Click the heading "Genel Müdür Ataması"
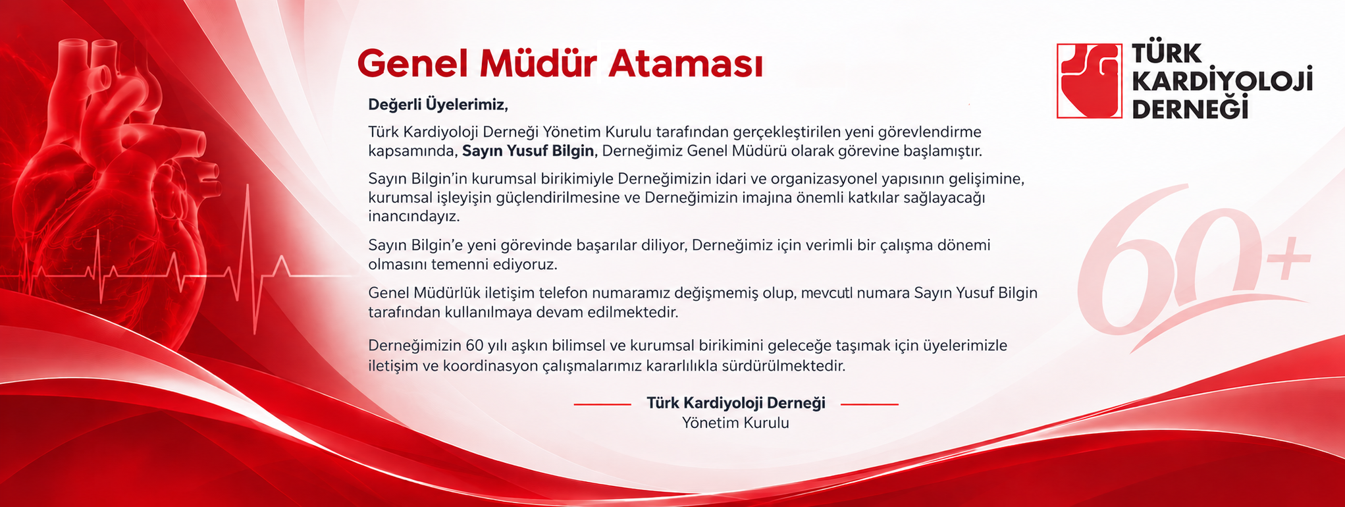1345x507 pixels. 560,64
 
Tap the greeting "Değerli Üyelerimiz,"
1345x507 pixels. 438,104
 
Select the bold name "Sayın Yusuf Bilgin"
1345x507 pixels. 528,151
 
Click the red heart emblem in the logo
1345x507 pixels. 1089,81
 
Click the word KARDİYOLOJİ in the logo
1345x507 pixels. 1223,81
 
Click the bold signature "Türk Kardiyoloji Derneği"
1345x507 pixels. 736,403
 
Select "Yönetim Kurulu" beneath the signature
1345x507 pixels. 735,423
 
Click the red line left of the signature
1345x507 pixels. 602,404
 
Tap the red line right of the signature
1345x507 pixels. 870,404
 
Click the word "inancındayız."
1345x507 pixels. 414,216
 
